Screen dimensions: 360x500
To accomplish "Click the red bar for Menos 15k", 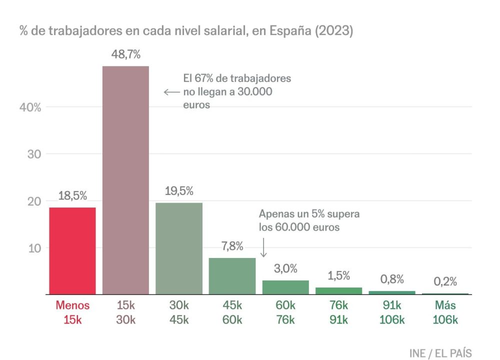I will pyautogui.click(x=72, y=251).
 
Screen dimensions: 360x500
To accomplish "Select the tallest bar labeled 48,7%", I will pyautogui.click(x=125, y=180).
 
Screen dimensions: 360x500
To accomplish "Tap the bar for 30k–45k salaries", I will pyautogui.click(x=179, y=248).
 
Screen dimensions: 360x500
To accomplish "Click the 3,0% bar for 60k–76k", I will pyautogui.click(x=285, y=287).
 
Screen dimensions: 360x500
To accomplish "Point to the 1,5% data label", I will pyautogui.click(x=338, y=275).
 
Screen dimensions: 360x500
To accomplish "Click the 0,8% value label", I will pyautogui.click(x=392, y=279).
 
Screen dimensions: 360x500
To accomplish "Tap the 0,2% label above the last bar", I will pyautogui.click(x=445, y=281).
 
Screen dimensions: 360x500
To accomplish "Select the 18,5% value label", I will pyautogui.click(x=72, y=196).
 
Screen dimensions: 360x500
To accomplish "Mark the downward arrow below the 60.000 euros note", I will pyautogui.click(x=263, y=247).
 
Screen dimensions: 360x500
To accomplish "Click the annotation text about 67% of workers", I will pyautogui.click(x=236, y=92).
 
